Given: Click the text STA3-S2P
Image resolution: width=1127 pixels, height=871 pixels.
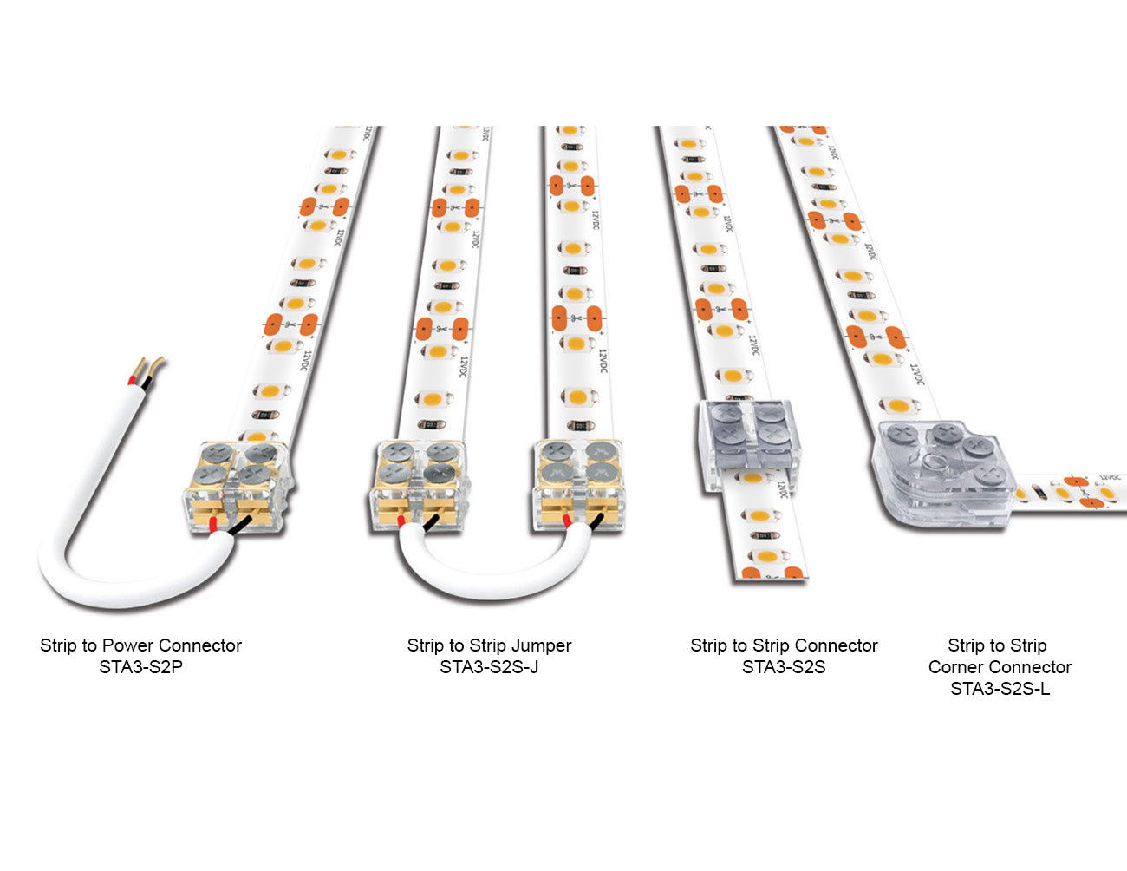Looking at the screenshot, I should pyautogui.click(x=140, y=667).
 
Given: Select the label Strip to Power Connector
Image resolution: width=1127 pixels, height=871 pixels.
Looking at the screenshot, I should pyautogui.click(x=140, y=645).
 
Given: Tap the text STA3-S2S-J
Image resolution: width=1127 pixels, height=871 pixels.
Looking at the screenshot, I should pyautogui.click(x=489, y=667).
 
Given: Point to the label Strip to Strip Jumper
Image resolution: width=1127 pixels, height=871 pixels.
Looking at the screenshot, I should pyautogui.click(x=489, y=645).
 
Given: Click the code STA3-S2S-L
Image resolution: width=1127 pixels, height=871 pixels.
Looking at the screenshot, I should pyautogui.click(x=1000, y=689).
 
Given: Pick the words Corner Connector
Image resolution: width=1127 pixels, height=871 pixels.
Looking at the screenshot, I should pyautogui.click(x=1000, y=667).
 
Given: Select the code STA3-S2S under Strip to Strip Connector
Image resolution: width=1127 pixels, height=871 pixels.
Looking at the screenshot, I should pyautogui.click(x=784, y=667).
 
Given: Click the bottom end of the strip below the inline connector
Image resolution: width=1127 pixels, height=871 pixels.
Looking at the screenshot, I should pyautogui.click(x=771, y=568).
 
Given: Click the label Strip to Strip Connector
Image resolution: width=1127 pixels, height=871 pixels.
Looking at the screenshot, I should pyautogui.click(x=784, y=645).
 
